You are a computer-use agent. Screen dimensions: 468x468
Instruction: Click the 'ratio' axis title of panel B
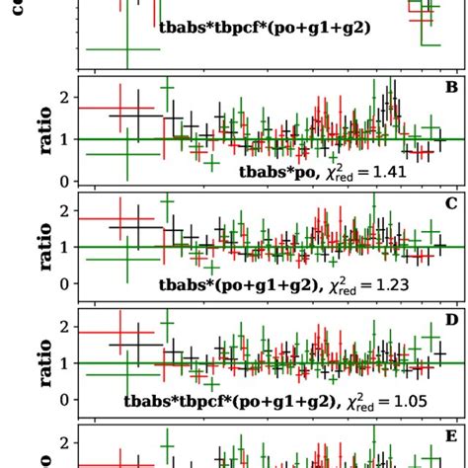pyautogui.click(x=22, y=133)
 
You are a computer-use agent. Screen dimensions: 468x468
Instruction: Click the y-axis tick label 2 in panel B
pyautogui.click(x=64, y=97)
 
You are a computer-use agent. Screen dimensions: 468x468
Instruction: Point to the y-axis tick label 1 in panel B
pyautogui.click(x=64, y=140)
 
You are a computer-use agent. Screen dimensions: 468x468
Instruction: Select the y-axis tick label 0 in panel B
pyautogui.click(x=64, y=183)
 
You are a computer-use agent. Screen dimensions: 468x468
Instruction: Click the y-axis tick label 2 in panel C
pyautogui.click(x=64, y=211)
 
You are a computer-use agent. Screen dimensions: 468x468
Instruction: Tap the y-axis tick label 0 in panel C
pyautogui.click(x=64, y=284)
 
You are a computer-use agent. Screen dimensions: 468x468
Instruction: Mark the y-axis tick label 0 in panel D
pyautogui.click(x=64, y=400)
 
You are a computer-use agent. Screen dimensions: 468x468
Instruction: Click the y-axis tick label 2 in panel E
pyautogui.click(x=64, y=442)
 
